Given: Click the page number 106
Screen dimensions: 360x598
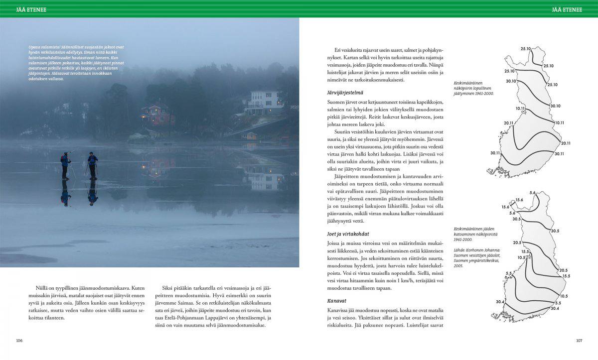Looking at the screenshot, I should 19,341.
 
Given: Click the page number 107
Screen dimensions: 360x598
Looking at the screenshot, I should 579,341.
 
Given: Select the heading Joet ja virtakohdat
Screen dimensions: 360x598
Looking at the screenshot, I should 348,234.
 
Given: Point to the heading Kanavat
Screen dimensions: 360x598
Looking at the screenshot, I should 337,301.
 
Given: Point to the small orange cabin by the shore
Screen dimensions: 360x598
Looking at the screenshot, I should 250,136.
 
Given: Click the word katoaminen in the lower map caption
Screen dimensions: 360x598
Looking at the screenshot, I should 465,234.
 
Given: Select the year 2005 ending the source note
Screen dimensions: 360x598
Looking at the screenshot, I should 458,266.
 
